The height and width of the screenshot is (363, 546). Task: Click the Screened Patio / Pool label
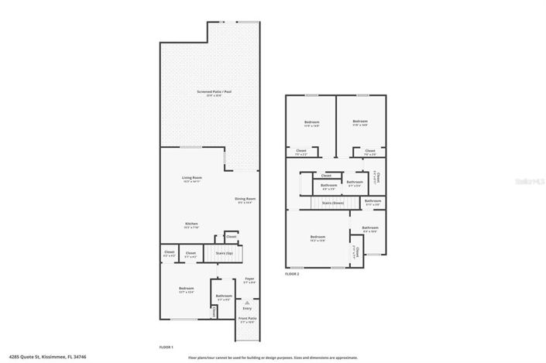pyautogui.click(x=209, y=93)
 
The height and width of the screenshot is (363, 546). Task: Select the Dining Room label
pyautogui.click(x=245, y=200)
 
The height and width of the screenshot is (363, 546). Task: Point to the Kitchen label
pyautogui.click(x=191, y=225)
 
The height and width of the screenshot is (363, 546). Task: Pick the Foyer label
pyautogui.click(x=249, y=279)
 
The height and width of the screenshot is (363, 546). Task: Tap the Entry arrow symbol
pyautogui.click(x=246, y=303)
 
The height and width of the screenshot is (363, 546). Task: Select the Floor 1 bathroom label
pyautogui.click(x=224, y=296)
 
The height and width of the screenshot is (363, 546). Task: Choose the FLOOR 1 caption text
pyautogui.click(x=166, y=346)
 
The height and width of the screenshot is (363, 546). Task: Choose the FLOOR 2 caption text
pyautogui.click(x=292, y=274)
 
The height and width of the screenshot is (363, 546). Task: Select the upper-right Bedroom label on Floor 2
pyautogui.click(x=360, y=122)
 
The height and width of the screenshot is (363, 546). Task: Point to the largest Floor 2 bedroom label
pyautogui.click(x=318, y=238)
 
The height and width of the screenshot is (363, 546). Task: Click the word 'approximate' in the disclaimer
pyautogui.click(x=346, y=358)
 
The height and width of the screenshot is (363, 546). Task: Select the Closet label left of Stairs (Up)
pyautogui.click(x=191, y=253)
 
